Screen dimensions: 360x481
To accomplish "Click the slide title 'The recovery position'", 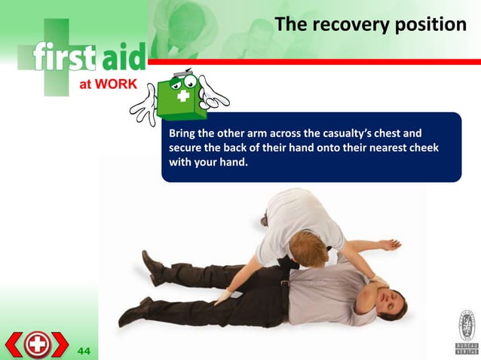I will click(x=371, y=25).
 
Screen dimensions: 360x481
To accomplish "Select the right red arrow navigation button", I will click(x=61, y=345).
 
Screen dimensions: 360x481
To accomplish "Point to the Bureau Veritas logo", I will click(x=465, y=331).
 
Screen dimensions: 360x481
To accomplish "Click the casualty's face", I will click(x=393, y=304).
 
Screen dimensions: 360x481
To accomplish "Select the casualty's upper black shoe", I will click(x=152, y=263).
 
